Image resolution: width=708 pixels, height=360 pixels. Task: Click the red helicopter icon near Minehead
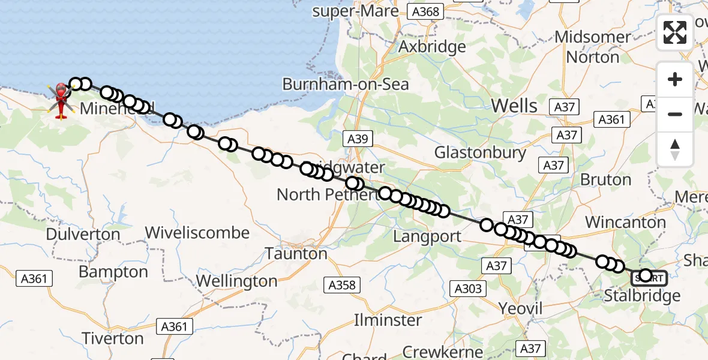pyautogui.click(x=61, y=100)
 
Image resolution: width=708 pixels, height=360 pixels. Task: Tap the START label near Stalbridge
pyautogui.click(x=648, y=277)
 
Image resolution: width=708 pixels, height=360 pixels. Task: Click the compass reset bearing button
pyautogui.click(x=674, y=149)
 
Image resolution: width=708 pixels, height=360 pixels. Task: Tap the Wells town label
pyautogui.click(x=514, y=106)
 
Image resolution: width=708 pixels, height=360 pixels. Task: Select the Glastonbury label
pyautogui.click(x=480, y=152)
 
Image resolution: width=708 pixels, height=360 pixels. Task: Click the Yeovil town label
pyautogui.click(x=520, y=309)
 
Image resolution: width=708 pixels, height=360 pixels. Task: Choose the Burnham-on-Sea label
pyautogui.click(x=346, y=85)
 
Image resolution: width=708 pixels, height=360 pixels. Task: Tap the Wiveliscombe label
pyautogui.click(x=197, y=233)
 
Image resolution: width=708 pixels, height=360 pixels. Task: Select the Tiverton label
pyautogui.click(x=113, y=338)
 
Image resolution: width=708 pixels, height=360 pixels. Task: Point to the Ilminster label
pyautogui.click(x=388, y=320)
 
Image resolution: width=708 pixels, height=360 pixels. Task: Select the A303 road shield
pyautogui.click(x=468, y=289)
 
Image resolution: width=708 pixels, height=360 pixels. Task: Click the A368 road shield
pyautogui.click(x=425, y=11)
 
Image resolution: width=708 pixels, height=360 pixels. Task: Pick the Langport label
pyautogui.click(x=427, y=236)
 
